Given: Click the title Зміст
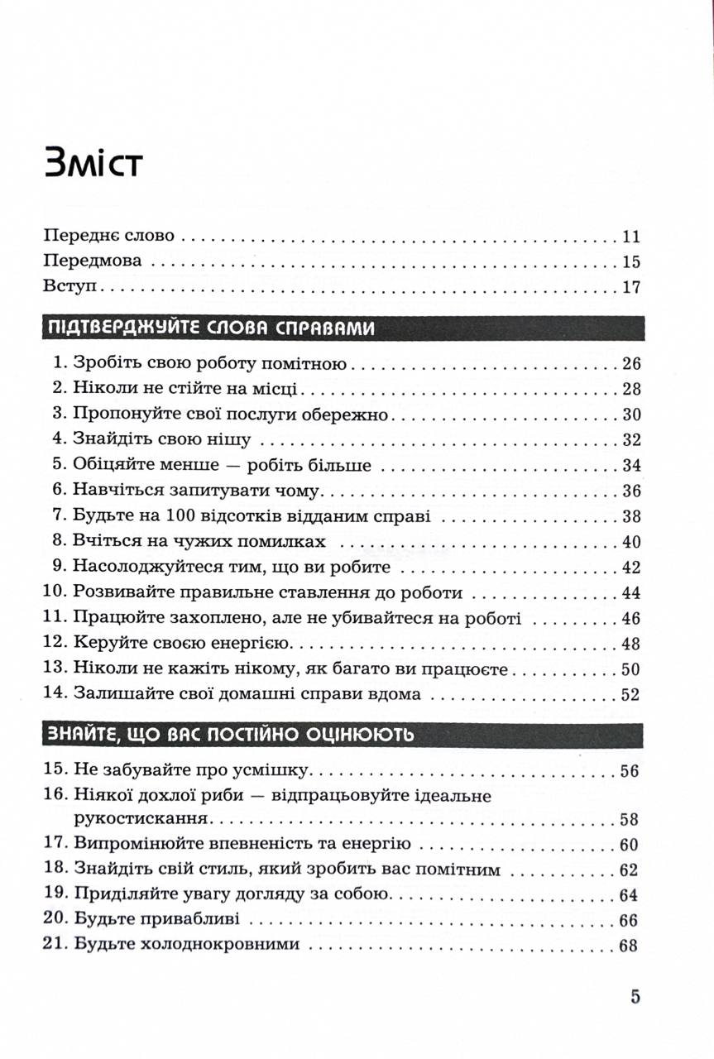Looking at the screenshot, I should (x=94, y=163).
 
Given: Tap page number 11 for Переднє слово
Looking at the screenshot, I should (x=630, y=236).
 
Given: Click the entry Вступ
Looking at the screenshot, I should (x=69, y=288).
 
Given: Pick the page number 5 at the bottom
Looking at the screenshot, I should (x=635, y=996).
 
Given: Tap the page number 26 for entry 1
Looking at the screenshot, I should (x=630, y=363).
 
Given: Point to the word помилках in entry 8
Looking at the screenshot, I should (x=285, y=542).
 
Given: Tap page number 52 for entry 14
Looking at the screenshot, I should (x=630, y=694).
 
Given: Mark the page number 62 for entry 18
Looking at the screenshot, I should (x=630, y=870).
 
